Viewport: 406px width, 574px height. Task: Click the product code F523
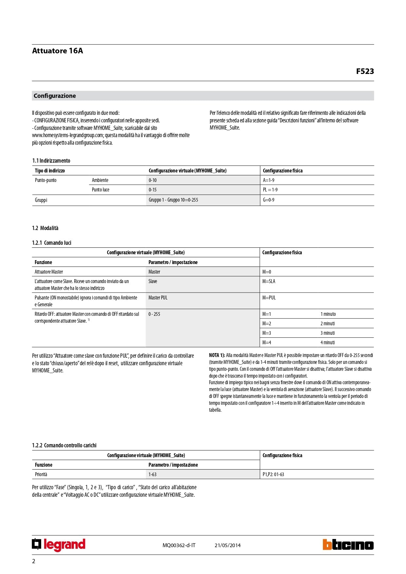(x=365, y=71)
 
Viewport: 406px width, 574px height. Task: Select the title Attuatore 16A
(x=58, y=51)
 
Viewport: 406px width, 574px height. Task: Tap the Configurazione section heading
(x=55, y=96)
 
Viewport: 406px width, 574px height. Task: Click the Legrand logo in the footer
(x=59, y=545)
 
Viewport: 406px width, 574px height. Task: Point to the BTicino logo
(x=348, y=545)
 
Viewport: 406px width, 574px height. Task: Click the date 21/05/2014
(x=227, y=545)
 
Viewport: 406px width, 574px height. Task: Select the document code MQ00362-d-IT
(x=179, y=545)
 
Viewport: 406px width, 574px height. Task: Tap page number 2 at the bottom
(x=34, y=561)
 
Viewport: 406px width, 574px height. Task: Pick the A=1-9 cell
(x=269, y=180)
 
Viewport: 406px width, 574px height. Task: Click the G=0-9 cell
(x=269, y=200)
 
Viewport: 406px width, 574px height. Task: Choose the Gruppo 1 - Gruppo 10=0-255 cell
(x=173, y=200)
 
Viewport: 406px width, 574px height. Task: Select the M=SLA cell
(x=269, y=281)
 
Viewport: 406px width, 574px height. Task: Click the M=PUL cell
(x=269, y=298)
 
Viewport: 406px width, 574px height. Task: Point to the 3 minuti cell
(x=327, y=333)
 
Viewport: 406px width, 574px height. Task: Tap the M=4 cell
(x=267, y=343)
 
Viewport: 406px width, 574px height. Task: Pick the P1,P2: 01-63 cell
(x=273, y=475)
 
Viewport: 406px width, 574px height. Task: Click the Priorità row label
(x=41, y=475)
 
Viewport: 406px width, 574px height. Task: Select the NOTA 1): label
(x=217, y=355)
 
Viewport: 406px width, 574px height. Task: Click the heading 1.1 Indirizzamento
(x=51, y=161)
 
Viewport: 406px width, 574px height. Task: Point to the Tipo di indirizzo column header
(x=50, y=171)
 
